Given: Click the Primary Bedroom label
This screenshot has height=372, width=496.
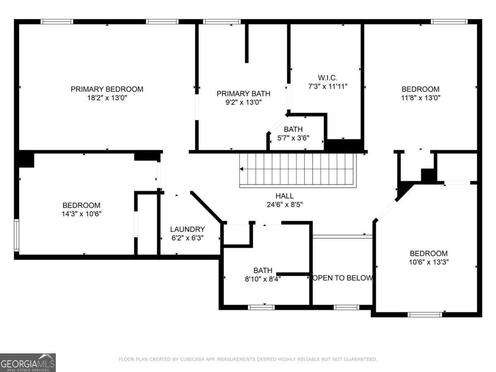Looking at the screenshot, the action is click(107, 89).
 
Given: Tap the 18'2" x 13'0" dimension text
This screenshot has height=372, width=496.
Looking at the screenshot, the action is click(107, 98).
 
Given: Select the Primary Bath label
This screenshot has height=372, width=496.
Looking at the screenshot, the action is click(243, 93).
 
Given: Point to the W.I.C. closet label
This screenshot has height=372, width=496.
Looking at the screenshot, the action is click(327, 78).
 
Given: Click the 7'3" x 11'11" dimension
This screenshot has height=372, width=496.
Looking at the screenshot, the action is click(328, 86).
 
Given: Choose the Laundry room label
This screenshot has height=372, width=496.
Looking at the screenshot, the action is click(188, 229).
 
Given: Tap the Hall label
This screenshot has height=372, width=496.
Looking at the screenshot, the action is click(284, 196).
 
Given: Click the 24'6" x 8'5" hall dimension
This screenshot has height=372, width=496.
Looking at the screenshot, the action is click(284, 205).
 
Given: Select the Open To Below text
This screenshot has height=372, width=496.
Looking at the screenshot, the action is click(343, 278).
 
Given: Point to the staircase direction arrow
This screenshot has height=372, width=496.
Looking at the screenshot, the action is click(241, 169).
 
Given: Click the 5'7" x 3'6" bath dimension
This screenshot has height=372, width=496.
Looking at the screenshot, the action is click(293, 138).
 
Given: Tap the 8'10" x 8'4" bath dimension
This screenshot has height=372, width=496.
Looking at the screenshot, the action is click(263, 279).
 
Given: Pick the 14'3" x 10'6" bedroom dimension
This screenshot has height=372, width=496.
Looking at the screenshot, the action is click(81, 214).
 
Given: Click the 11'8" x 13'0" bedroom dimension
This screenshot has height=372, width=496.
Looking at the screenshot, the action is click(420, 98).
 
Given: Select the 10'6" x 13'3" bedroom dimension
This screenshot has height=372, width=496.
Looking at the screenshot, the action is click(429, 262).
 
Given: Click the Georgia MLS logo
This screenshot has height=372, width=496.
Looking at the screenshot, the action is click(28, 363).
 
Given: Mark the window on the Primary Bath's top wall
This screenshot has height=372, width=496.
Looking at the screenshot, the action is click(222, 21).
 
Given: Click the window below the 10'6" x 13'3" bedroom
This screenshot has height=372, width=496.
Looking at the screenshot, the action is click(425, 315).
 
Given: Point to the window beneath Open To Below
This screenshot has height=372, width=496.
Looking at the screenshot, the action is click(346, 308).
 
